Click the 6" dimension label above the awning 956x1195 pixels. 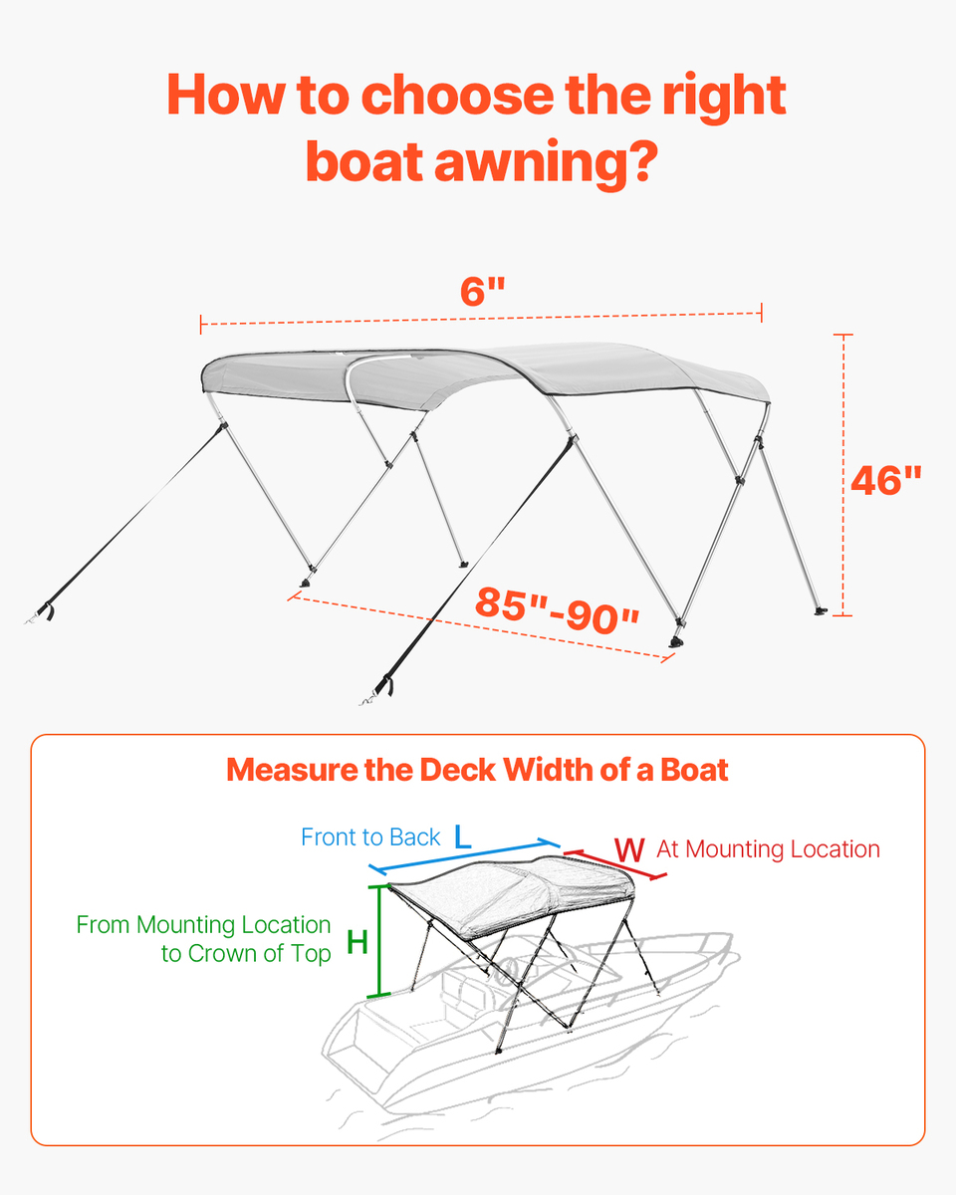(483, 291)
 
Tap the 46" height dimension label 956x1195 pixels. (886, 480)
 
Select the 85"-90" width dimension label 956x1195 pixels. (557, 609)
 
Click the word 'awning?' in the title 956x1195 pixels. (546, 161)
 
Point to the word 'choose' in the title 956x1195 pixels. (457, 95)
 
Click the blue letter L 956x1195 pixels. (463, 836)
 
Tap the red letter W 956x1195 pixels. (629, 849)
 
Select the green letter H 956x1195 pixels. (358, 942)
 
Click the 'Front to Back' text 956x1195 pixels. (370, 837)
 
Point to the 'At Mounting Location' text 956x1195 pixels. (768, 849)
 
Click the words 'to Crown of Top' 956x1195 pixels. (246, 953)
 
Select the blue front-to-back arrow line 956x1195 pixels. (464, 855)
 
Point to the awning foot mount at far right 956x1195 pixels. (821, 611)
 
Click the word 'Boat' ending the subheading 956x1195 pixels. (694, 770)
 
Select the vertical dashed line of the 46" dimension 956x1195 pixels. (843, 475)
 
